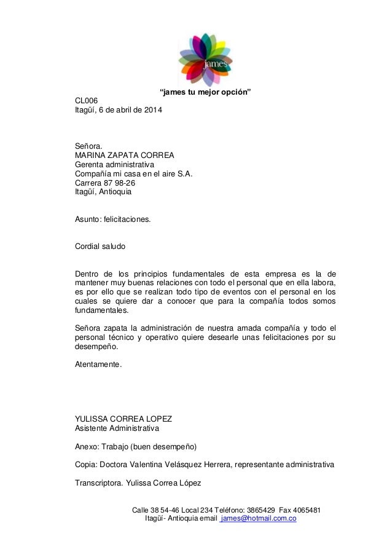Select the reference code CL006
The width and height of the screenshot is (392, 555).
point(87,101)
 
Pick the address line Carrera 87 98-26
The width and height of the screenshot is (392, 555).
point(105,183)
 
